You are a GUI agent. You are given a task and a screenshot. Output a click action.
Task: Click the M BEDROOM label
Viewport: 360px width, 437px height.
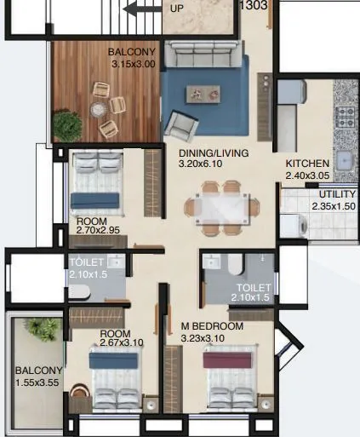coord(212,326)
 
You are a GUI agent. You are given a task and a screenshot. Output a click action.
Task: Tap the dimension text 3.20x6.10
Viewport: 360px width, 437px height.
coord(200,166)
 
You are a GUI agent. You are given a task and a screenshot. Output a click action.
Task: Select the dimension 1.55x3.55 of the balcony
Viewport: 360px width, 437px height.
coord(39,382)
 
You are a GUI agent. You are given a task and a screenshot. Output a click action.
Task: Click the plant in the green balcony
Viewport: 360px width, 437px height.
coord(37,328)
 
